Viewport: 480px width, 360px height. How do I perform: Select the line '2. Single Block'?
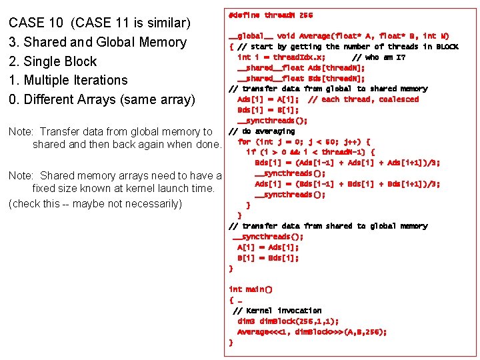(53, 61)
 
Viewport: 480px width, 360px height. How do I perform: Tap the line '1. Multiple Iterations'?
(67, 80)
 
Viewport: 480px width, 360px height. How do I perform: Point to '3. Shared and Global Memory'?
(97, 42)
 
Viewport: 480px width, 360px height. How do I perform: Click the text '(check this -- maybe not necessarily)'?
(95, 203)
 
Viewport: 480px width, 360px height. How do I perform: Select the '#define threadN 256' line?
(270, 15)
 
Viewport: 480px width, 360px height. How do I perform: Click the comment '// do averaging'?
(257, 131)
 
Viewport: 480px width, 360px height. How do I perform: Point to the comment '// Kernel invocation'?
(277, 310)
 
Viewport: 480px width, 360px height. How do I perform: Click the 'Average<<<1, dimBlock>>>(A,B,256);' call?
(311, 331)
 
